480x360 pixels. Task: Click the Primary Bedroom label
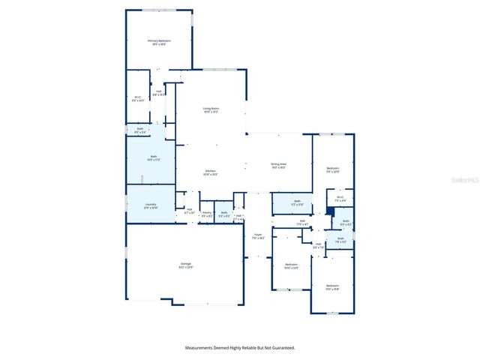coord(159,41)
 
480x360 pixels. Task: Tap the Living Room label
coord(211,109)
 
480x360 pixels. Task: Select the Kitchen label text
coord(211,172)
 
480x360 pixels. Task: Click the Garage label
coord(185,264)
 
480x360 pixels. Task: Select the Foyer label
coord(257,235)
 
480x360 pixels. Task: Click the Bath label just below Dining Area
coord(297,201)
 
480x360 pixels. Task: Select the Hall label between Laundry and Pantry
coord(189,211)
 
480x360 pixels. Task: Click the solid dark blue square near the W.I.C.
coord(329,211)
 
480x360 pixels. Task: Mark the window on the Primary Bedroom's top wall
coord(158,10)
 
